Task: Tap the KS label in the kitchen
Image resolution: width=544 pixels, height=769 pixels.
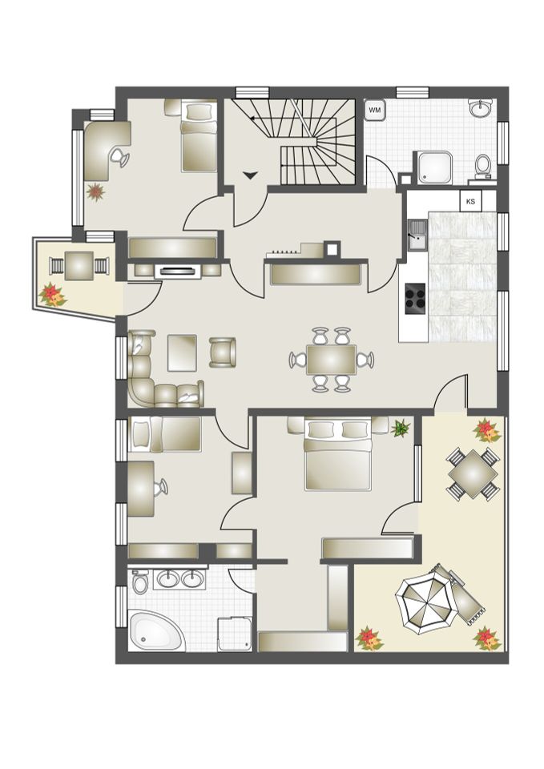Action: pyautogui.click(x=470, y=201)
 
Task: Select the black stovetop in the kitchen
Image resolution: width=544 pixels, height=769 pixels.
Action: pyautogui.click(x=414, y=297)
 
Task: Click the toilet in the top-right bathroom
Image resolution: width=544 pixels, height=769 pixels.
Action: pyautogui.click(x=482, y=166)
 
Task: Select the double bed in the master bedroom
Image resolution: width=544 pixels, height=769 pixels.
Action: pyautogui.click(x=337, y=456)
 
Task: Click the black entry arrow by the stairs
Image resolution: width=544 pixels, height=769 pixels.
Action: pyautogui.click(x=252, y=174)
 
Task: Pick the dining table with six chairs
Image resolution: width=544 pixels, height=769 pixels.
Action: pyautogui.click(x=332, y=359)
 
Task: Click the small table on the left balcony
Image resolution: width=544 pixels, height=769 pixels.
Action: pyautogui.click(x=79, y=264)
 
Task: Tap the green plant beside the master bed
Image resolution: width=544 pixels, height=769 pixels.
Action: pyautogui.click(x=399, y=429)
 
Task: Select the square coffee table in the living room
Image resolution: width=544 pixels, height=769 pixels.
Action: pyautogui.click(x=182, y=352)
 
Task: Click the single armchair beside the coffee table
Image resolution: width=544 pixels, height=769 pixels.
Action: pyautogui.click(x=223, y=352)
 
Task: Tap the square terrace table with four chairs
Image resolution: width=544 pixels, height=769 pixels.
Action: pyautogui.click(x=473, y=473)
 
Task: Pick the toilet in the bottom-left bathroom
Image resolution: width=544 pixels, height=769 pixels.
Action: pyautogui.click(x=141, y=582)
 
